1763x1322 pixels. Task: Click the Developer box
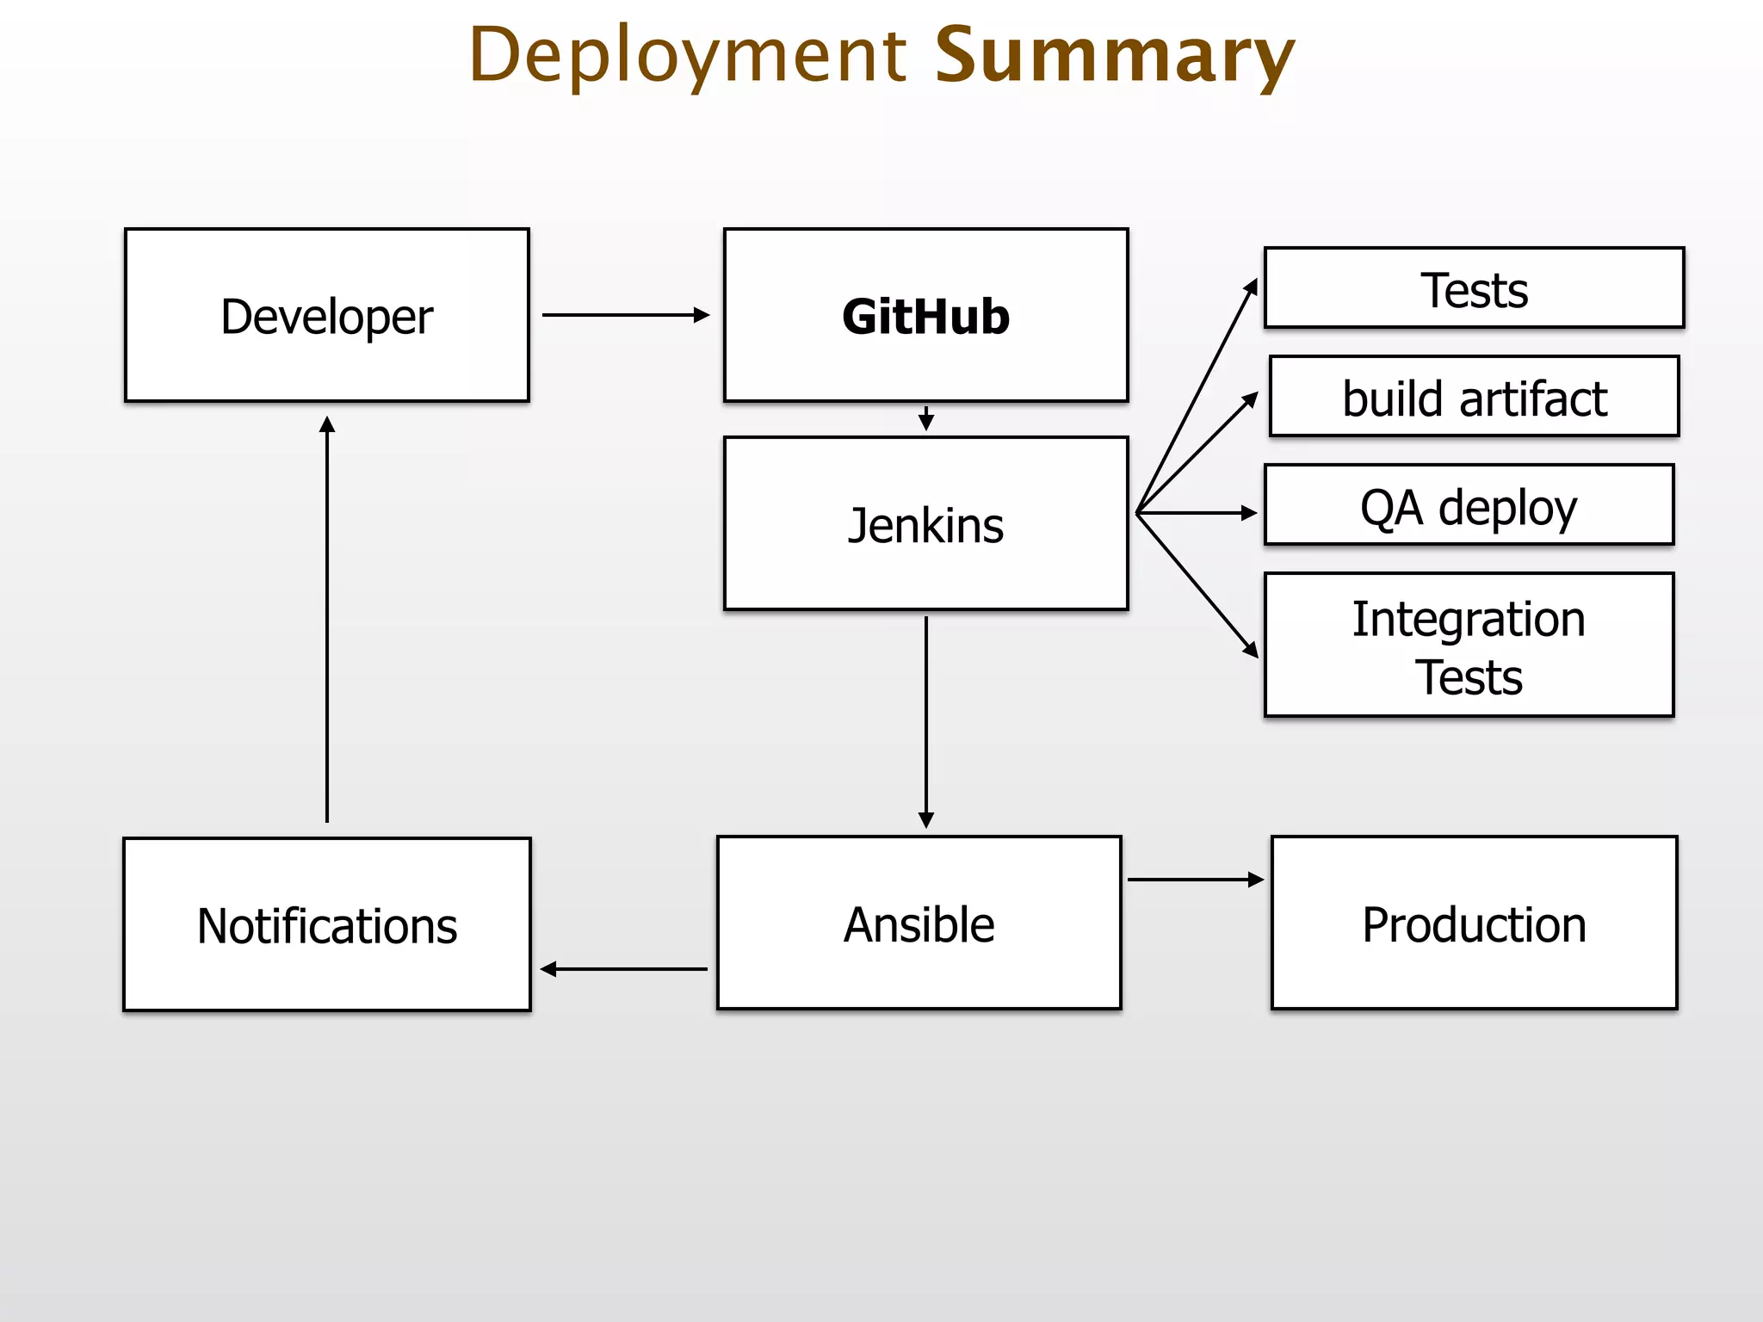pyautogui.click(x=326, y=315)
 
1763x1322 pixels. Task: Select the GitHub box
pyautogui.click(x=925, y=315)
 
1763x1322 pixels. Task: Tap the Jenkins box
pyautogui.click(x=925, y=523)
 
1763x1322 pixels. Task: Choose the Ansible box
pyautogui.click(x=919, y=923)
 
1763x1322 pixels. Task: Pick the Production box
pyautogui.click(x=1474, y=923)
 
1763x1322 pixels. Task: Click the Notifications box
pyautogui.click(x=326, y=924)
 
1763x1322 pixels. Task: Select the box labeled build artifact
pyautogui.click(x=1474, y=397)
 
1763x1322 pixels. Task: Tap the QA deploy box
pyautogui.click(x=1469, y=505)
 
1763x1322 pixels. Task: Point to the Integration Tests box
pyautogui.click(x=1469, y=645)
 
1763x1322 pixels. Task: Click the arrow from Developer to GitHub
pyautogui.click(x=625, y=315)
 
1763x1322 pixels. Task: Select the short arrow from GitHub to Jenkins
pyautogui.click(x=925, y=419)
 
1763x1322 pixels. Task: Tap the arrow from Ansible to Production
pyautogui.click(x=1195, y=880)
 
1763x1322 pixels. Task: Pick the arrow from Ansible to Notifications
pyautogui.click(x=625, y=969)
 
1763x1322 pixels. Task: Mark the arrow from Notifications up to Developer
pyautogui.click(x=326, y=620)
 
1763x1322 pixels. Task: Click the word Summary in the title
pyautogui.click(x=1114, y=55)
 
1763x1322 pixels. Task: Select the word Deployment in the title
pyautogui.click(x=688, y=55)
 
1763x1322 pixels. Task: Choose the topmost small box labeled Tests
pyautogui.click(x=1474, y=288)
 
